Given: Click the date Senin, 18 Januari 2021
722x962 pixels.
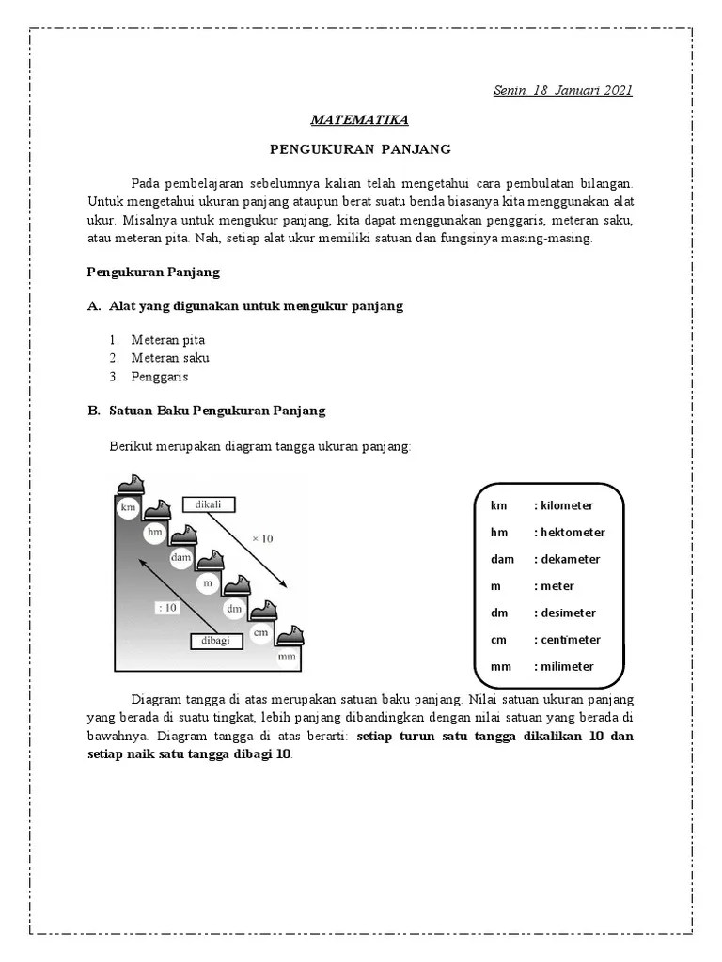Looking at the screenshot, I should [562, 90].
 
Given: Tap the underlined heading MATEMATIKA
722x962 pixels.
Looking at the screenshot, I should [360, 120].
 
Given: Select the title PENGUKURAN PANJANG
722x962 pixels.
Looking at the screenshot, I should [360, 149].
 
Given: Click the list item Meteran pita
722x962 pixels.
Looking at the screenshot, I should [167, 340].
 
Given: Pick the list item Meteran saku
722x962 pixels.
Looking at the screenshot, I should [170, 358].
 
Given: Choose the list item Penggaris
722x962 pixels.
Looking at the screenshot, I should [160, 377].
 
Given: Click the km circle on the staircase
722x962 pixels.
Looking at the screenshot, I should [128, 508].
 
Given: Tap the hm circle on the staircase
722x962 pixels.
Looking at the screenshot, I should [155, 533].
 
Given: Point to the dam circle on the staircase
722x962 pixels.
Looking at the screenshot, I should [181, 558].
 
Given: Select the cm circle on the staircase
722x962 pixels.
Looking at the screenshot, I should [260, 632].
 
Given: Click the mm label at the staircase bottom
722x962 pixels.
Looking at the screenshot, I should [287, 657].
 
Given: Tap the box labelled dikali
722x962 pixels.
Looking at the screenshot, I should [208, 504].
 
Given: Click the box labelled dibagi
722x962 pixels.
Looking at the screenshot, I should [216, 641].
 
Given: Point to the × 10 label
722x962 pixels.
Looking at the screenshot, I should [261, 538].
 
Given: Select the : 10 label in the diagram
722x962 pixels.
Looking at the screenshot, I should [167, 608].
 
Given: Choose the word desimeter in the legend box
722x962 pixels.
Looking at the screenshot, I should [567, 613].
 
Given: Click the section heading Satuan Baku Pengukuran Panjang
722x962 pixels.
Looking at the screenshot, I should [217, 411].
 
